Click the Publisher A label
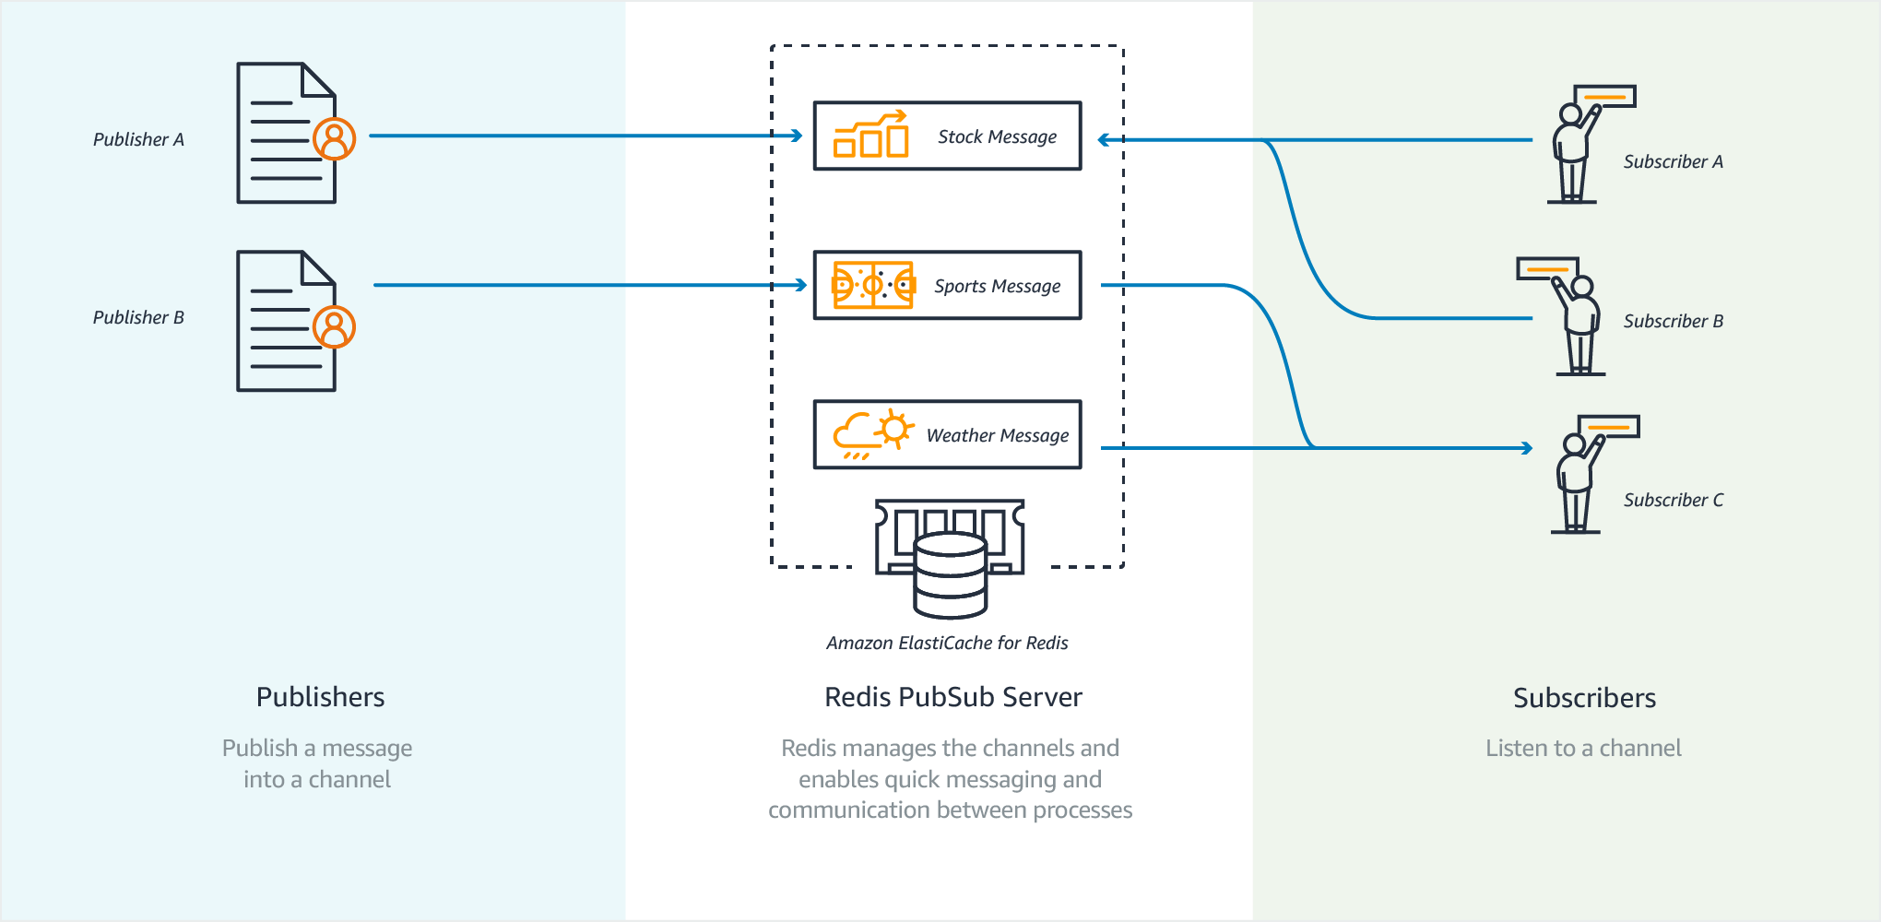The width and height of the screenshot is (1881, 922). pos(138,139)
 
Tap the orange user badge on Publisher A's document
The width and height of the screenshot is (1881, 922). pos(334,139)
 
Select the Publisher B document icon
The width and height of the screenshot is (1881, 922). pos(286,322)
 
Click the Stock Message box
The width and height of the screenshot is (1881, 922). pos(947,136)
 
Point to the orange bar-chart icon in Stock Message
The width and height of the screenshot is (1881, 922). pos(870,136)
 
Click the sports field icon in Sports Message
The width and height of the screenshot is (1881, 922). pos(872,285)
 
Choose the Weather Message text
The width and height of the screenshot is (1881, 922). pos(997,435)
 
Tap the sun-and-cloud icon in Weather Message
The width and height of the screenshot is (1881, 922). pos(872,433)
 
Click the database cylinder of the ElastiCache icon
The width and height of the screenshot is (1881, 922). pos(950,576)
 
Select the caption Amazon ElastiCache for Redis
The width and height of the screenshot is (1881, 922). pos(947,643)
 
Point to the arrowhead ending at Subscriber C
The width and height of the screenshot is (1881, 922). pos(1526,448)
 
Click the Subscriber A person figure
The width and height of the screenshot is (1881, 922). pos(1573,152)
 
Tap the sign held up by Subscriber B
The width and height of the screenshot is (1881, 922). pos(1547,269)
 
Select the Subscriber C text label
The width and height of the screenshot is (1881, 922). pos(1673,500)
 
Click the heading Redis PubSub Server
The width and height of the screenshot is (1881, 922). pos(952,697)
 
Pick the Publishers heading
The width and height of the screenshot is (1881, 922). pos(320,697)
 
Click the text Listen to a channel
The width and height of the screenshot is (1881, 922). pos(1583,748)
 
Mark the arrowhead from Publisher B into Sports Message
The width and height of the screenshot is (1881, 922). pos(800,286)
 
